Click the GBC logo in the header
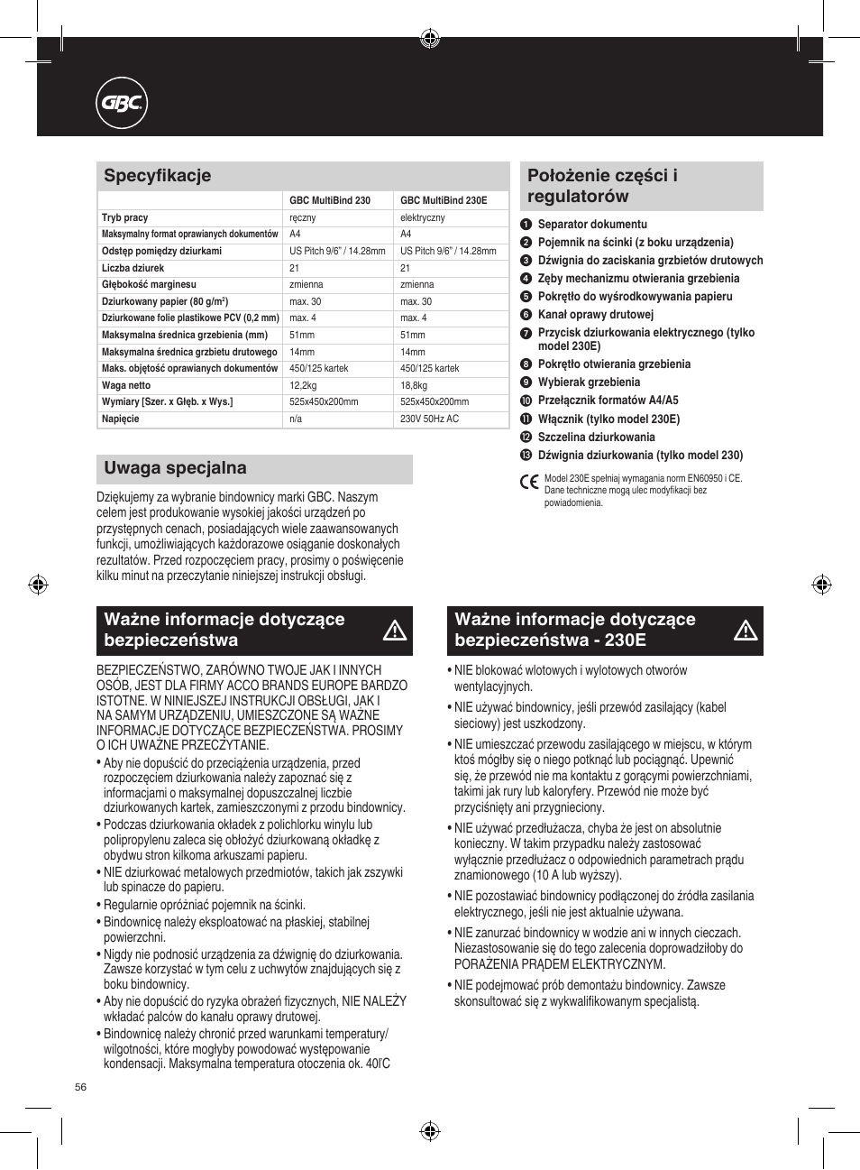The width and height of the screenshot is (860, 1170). [122, 104]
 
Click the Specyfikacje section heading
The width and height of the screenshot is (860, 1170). [158, 176]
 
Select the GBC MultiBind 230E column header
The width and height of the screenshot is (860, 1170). [444, 200]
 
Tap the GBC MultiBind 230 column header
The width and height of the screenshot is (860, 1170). [330, 200]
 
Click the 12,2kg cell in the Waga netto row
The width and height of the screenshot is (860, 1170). [303, 385]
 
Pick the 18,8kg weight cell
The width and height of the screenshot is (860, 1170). [414, 385]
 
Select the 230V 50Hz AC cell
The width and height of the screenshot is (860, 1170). [429, 419]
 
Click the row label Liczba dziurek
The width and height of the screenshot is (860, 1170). [133, 268]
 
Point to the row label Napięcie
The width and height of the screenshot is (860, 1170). [121, 419]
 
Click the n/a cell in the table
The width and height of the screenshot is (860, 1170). [296, 419]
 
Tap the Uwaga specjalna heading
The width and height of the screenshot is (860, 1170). [175, 468]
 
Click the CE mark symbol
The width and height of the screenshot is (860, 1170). [530, 482]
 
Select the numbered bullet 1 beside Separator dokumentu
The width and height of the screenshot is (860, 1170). [526, 225]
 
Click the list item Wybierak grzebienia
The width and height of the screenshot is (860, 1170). [589, 382]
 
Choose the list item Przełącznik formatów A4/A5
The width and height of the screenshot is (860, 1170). [608, 401]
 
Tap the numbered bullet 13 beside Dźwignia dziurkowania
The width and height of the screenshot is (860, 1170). [526, 456]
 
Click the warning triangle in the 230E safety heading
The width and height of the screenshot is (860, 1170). [746, 631]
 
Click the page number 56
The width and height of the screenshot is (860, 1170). [81, 1087]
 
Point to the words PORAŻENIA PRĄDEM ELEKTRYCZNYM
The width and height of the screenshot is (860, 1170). [559, 964]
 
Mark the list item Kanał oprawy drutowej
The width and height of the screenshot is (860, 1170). [595, 315]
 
